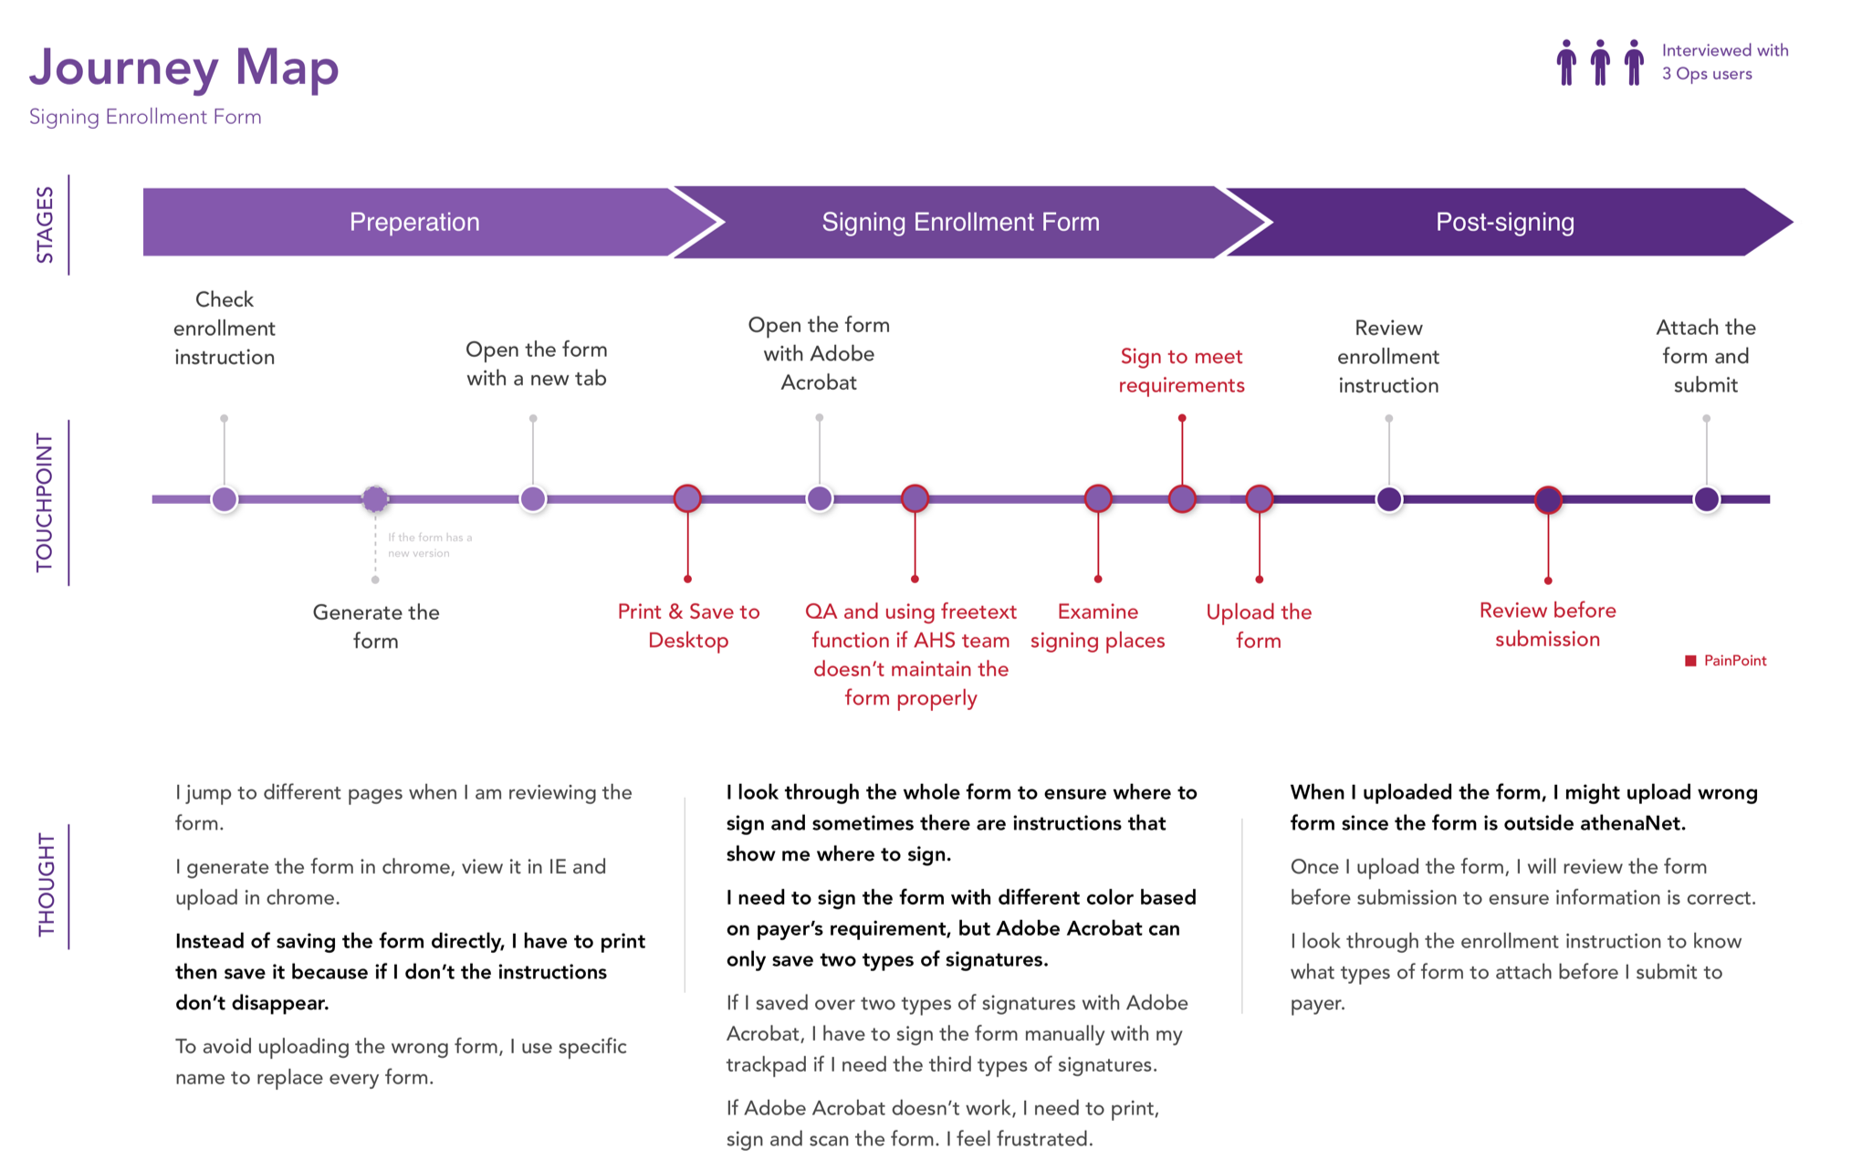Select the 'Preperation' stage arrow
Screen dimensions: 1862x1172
coord(415,222)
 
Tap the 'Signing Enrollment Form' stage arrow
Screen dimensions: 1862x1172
coord(961,222)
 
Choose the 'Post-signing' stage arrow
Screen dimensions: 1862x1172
coord(1506,222)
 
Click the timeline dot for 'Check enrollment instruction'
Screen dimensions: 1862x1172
coord(225,499)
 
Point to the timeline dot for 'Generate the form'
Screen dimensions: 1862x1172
coord(375,499)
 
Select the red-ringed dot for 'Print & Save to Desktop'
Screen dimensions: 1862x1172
coord(687,498)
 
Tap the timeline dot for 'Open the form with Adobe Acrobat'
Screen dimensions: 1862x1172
coord(820,498)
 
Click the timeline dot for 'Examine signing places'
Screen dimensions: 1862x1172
coord(1098,498)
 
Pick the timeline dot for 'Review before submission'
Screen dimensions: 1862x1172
coord(1548,499)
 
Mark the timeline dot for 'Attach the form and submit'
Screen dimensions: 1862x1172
coord(1707,499)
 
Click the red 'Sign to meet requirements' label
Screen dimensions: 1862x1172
coord(1182,371)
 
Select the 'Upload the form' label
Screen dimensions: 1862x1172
coord(1259,626)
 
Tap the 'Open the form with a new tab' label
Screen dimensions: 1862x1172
coord(537,364)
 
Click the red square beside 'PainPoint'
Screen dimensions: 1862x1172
coord(1690,661)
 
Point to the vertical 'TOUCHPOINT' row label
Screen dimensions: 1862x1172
coord(45,503)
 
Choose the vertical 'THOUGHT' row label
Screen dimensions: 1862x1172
coord(47,885)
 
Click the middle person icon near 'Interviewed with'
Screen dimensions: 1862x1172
coord(1600,62)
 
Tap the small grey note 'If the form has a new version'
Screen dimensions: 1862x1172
coord(430,545)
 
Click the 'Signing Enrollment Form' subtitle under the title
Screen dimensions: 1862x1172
coord(145,117)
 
